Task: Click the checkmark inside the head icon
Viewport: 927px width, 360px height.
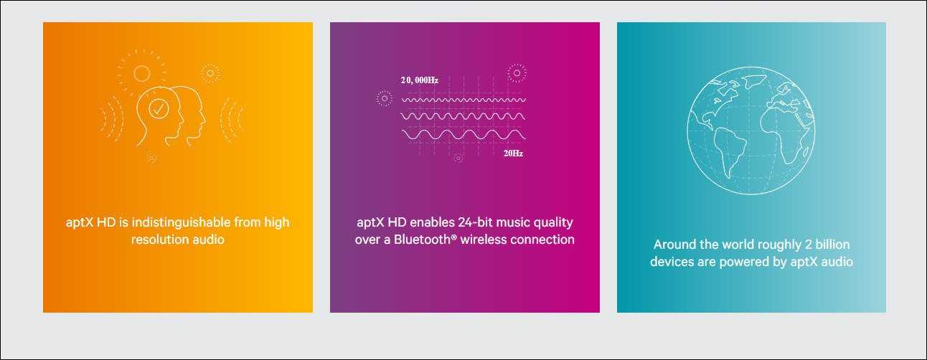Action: (159, 109)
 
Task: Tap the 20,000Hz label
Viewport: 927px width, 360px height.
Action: (419, 80)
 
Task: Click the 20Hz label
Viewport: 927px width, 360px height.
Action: (513, 153)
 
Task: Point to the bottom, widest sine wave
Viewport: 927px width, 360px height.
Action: (463, 135)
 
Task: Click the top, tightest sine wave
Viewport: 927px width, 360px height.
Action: (463, 100)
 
